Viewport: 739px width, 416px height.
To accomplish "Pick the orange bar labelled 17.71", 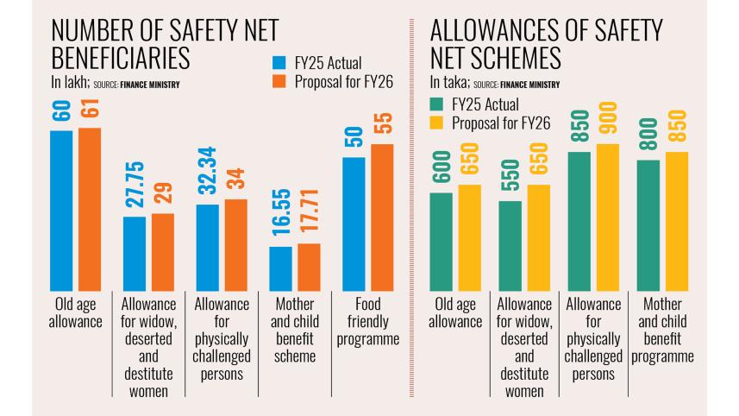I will (309, 267).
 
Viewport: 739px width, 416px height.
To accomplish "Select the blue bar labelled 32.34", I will (208, 247).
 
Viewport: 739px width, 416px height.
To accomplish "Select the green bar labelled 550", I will (510, 245).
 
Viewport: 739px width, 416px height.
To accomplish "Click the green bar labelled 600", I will (441, 241).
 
